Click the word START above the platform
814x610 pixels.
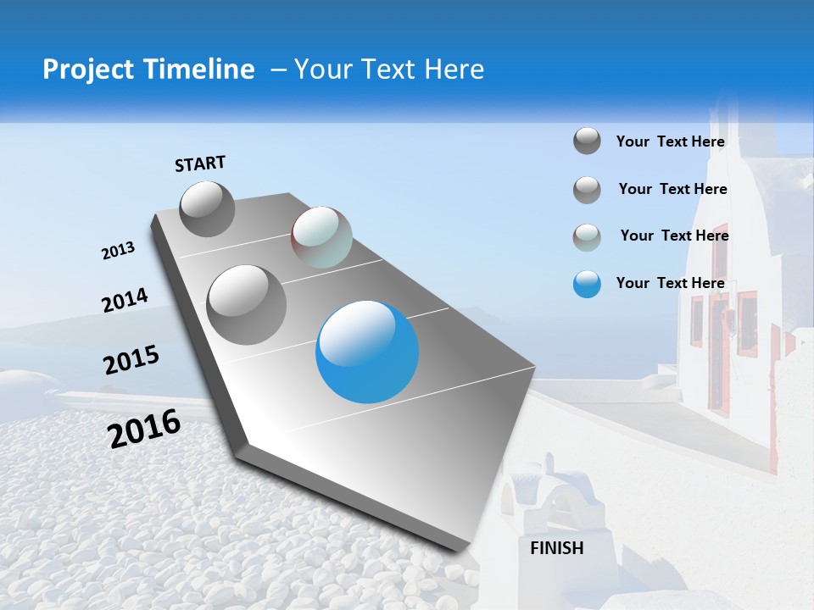[200, 164]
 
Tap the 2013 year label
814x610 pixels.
[118, 251]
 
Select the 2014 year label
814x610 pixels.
[125, 301]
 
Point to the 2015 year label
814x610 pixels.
[131, 360]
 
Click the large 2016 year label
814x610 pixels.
[144, 428]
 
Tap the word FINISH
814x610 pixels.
[557, 548]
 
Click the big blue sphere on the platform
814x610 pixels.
[367, 351]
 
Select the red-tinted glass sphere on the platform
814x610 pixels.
[321, 237]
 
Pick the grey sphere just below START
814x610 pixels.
[208, 208]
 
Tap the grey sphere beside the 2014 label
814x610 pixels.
[247, 304]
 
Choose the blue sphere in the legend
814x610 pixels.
[587, 284]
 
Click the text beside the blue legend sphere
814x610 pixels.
[670, 283]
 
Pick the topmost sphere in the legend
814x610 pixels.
[587, 141]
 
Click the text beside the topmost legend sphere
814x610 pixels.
[670, 141]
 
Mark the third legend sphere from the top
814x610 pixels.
[587, 236]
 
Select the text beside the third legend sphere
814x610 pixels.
[674, 236]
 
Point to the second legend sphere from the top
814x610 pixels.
[587, 190]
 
